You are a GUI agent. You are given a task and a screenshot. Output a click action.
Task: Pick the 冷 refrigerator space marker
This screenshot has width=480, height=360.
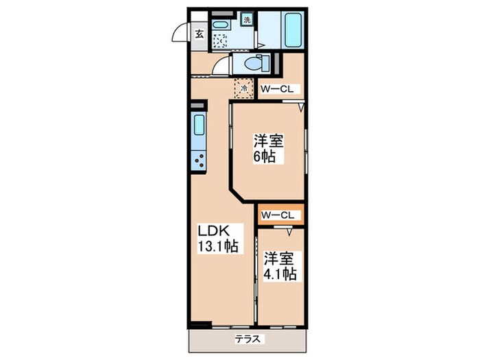tap(243, 88)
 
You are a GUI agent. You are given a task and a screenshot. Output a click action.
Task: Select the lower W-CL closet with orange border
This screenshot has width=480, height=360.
tap(278, 215)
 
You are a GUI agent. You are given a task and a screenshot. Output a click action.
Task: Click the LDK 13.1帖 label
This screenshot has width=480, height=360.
tap(218, 238)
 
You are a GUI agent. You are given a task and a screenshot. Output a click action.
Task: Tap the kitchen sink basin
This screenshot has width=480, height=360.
tap(199, 125)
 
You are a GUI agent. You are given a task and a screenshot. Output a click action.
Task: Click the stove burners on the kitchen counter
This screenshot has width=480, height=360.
tap(200, 162)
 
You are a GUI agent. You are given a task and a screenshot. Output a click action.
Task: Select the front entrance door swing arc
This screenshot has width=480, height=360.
tap(180, 33)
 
